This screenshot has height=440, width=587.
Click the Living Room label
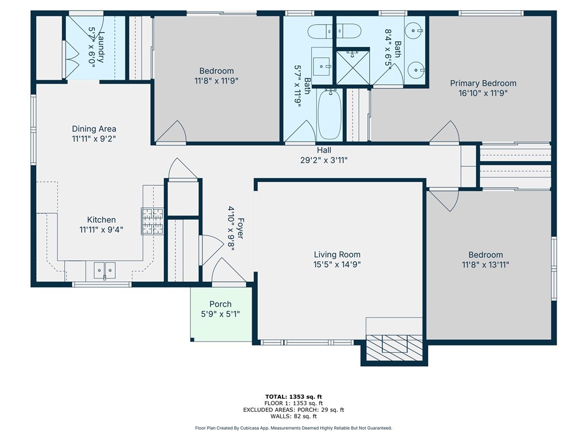tap(337, 255)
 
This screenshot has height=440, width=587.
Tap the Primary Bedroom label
tap(483, 83)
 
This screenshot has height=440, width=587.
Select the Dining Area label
tap(94, 129)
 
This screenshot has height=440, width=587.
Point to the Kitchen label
tap(101, 219)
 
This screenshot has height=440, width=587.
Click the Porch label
tap(221, 304)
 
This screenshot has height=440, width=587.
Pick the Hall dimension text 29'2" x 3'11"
tap(324, 160)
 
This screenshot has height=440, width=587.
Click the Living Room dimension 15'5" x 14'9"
tap(337, 265)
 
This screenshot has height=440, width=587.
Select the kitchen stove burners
tap(152, 222)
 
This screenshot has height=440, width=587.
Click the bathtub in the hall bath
tap(330, 114)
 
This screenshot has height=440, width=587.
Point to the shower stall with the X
tap(353, 68)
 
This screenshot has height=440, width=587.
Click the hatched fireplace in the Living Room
tap(394, 348)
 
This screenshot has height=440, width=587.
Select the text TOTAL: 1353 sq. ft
tap(293, 396)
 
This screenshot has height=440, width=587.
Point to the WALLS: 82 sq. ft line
tap(293, 416)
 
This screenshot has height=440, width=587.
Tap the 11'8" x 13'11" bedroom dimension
tap(486, 265)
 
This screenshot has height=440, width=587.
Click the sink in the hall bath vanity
tap(322, 66)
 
